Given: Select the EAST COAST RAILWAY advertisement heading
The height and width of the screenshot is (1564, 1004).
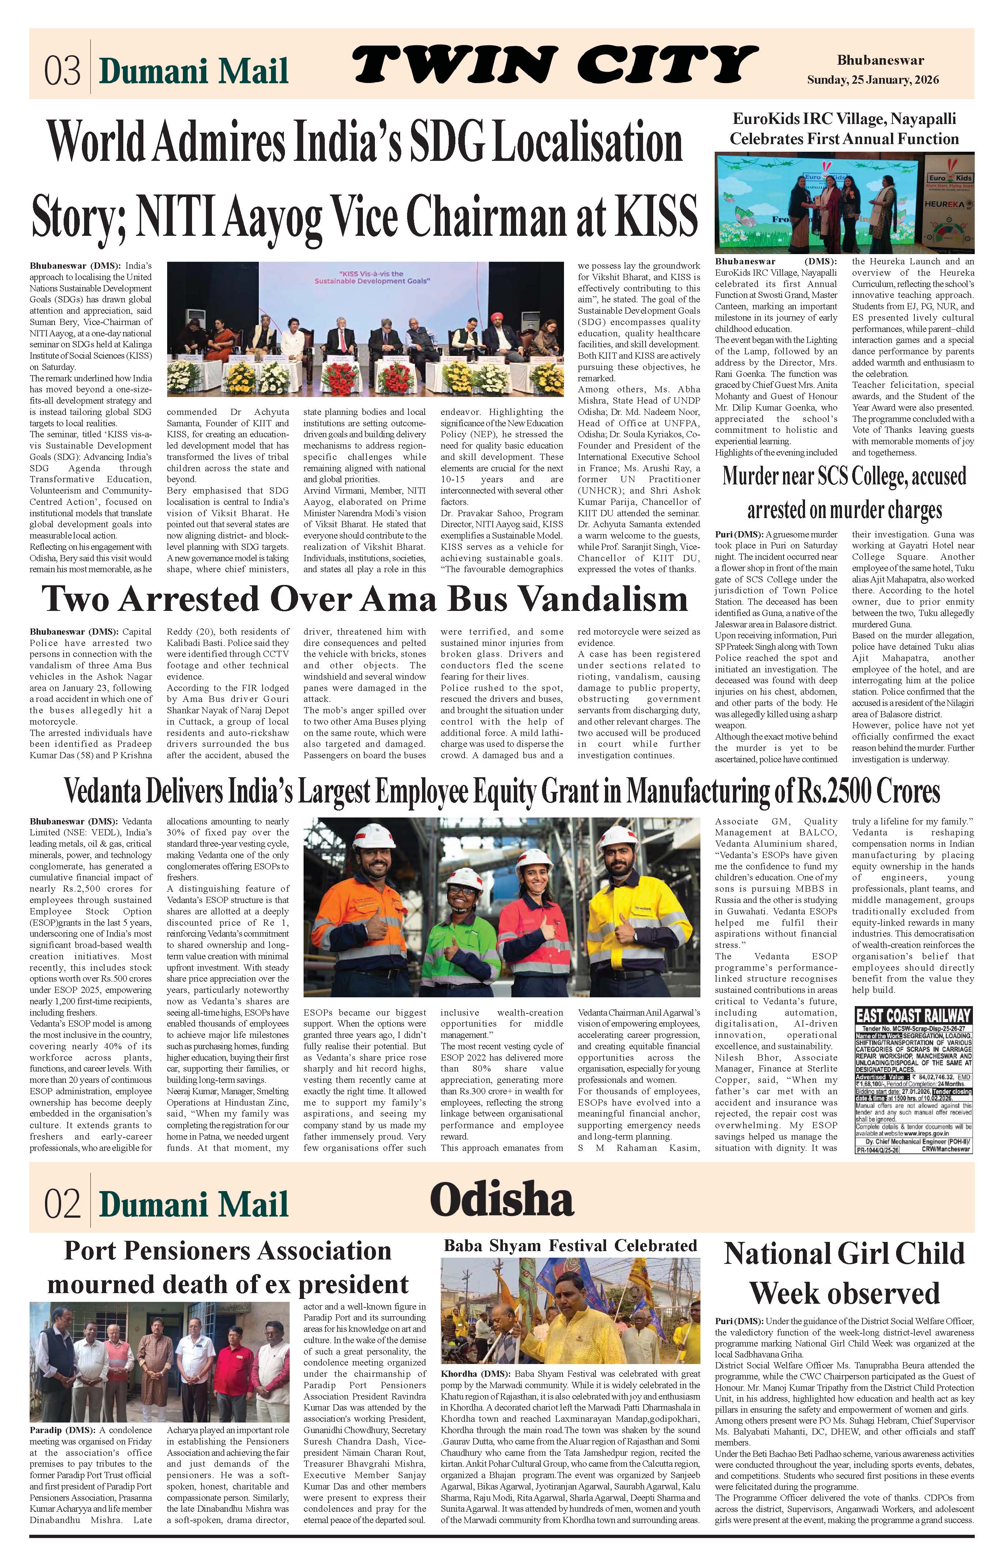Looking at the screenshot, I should click(x=913, y=1016).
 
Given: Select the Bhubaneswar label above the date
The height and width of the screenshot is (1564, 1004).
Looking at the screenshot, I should click(x=880, y=61).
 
